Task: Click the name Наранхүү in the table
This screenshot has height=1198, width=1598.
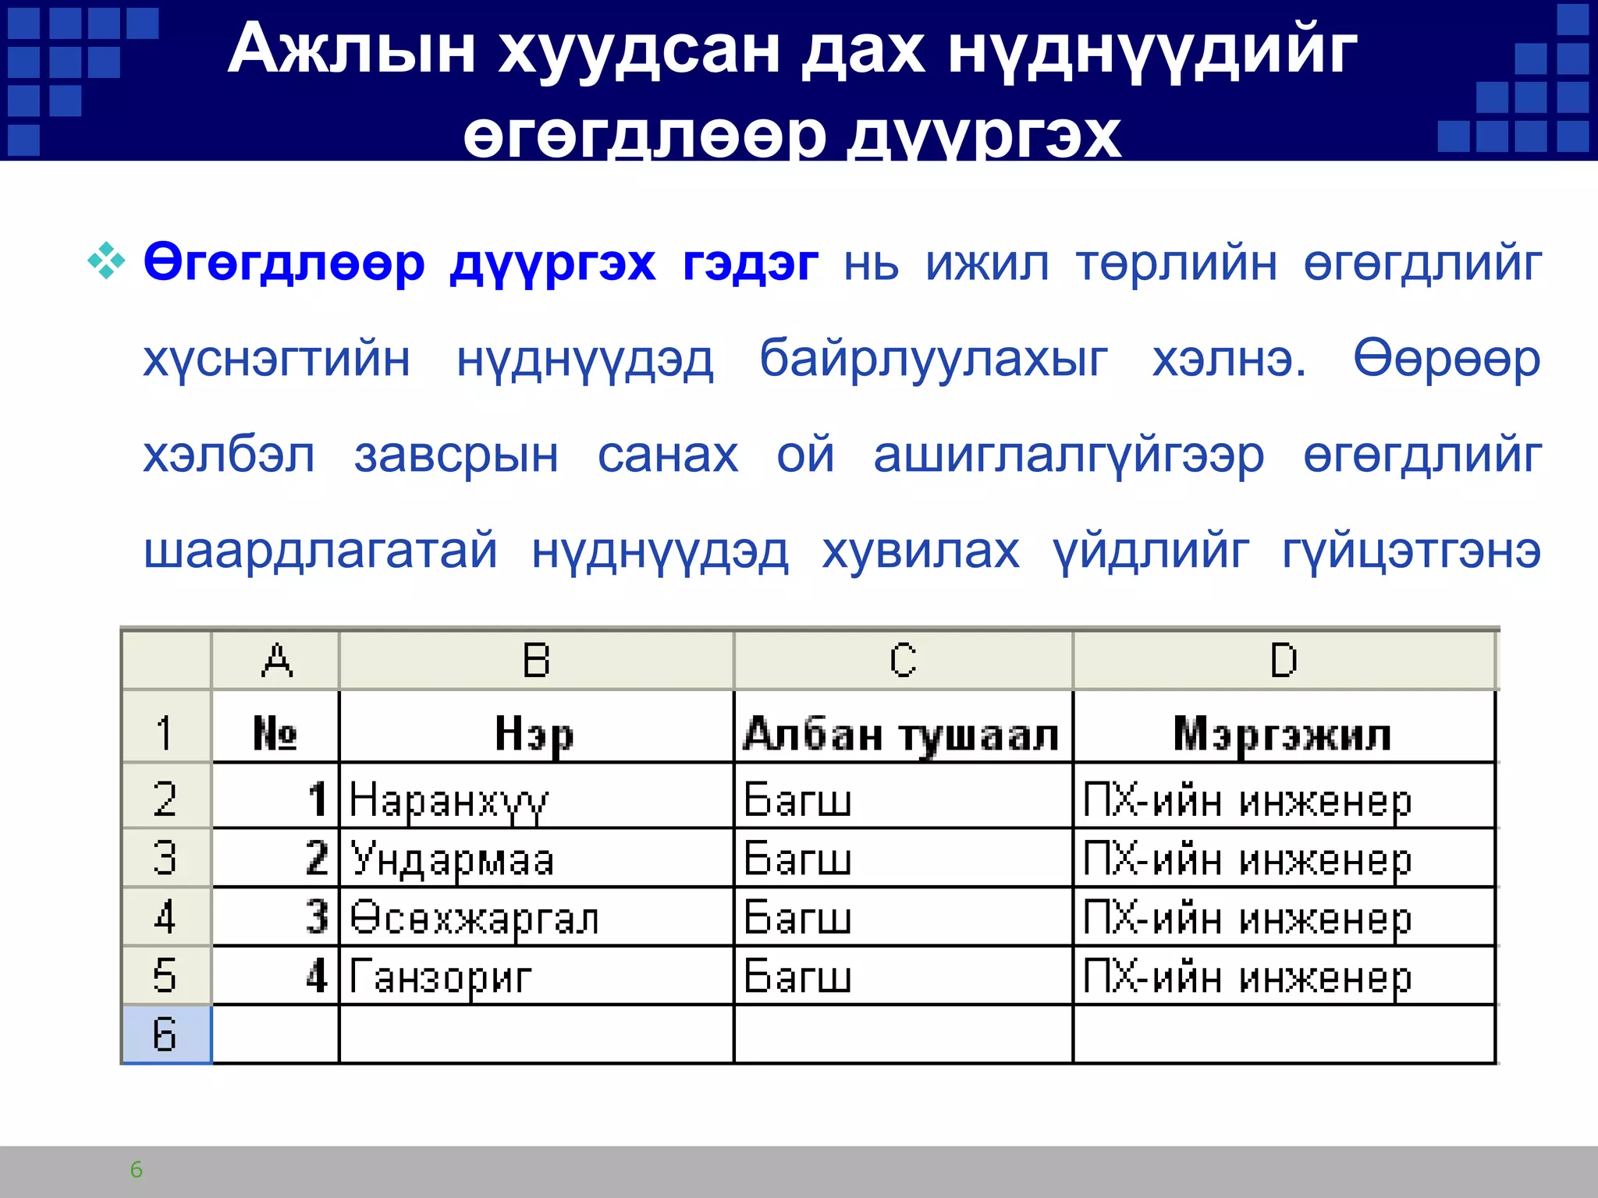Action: coord(449,800)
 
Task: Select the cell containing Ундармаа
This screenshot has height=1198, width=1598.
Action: coord(453,860)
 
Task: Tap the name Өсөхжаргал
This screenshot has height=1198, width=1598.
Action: coord(474,918)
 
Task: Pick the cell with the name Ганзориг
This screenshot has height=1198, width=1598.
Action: coord(440,976)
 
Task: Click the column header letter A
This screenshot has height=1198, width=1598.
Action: coord(276,661)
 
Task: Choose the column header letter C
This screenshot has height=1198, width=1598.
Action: coord(903,661)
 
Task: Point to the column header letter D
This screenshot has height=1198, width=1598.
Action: coord(1284,661)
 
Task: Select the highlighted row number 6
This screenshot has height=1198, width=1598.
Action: coord(165,1034)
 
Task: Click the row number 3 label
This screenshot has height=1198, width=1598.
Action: coord(165,858)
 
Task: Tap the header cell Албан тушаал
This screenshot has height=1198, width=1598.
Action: coord(901,734)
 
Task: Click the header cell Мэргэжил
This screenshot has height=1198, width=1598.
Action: coord(1283,734)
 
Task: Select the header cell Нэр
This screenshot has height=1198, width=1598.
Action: coord(534,734)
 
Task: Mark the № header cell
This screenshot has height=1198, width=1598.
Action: coord(275,733)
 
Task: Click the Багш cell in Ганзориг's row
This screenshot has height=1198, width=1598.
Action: coord(797,976)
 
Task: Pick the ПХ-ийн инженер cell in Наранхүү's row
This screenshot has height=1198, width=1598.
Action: coord(1247,801)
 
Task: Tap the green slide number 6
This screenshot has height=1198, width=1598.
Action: coord(137,1169)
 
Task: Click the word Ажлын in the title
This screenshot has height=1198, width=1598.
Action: coord(351,50)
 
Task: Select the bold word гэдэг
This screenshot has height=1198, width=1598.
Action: coord(750,264)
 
